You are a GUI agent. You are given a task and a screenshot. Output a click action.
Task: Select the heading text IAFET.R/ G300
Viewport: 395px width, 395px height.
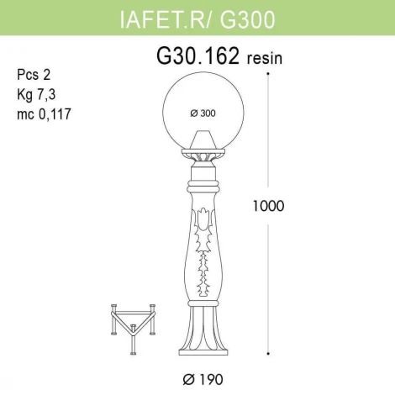pos(197,17)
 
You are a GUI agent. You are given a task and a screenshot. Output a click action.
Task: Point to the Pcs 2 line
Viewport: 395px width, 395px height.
pos(32,74)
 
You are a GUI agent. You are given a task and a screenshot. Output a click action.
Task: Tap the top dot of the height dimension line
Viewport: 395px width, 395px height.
pos(267,73)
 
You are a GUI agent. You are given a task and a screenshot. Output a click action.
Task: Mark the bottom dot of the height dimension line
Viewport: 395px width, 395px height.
pos(267,353)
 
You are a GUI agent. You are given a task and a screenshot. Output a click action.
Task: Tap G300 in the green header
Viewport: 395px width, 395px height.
pos(250,17)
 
